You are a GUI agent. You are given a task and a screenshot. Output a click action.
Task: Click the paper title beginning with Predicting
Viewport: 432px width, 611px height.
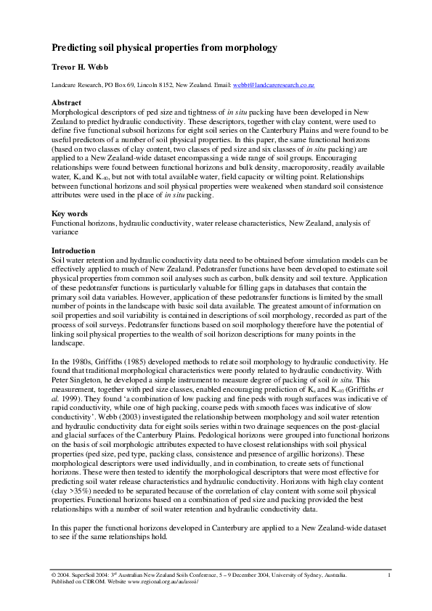pyautogui.click(x=164, y=48)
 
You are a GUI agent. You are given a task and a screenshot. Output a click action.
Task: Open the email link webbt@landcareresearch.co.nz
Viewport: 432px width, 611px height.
pyautogui.click(x=273, y=86)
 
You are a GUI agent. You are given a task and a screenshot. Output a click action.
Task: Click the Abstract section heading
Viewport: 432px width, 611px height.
pyautogui.click(x=68, y=104)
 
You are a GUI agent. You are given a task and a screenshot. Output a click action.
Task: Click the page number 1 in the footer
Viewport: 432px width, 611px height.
pyautogui.click(x=390, y=575)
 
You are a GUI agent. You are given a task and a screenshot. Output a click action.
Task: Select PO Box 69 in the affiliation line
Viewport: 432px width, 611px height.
pyautogui.click(x=127, y=86)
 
